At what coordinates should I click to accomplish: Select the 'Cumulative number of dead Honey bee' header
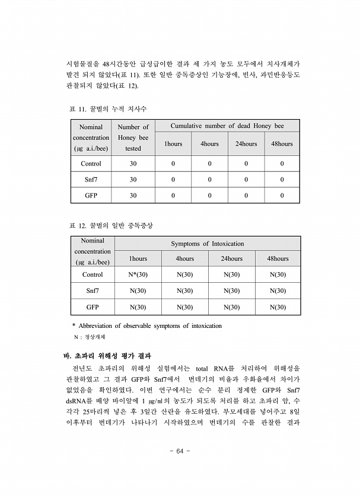click(x=227, y=126)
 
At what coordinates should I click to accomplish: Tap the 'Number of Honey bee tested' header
click(x=133, y=138)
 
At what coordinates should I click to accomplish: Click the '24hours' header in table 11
click(x=246, y=144)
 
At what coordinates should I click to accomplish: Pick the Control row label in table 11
click(x=91, y=164)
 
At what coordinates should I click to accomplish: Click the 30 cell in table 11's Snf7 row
click(x=133, y=179)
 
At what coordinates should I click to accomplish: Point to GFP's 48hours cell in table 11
click(x=282, y=195)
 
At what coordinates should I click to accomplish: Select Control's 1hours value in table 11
click(x=173, y=164)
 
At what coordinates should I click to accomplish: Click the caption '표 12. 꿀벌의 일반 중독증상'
click(x=111, y=226)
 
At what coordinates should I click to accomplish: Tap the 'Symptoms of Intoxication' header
click(x=207, y=244)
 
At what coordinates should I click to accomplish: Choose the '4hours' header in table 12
click(x=184, y=258)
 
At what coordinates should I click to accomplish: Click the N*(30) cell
click(x=138, y=274)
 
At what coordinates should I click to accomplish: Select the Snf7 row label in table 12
click(x=93, y=291)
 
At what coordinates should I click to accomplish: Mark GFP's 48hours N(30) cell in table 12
click(x=278, y=307)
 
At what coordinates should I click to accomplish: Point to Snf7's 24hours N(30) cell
click(x=231, y=291)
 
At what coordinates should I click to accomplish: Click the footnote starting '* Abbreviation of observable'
click(x=146, y=325)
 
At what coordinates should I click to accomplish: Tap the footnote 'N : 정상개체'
click(x=89, y=337)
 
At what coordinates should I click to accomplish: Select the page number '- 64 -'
click(x=180, y=451)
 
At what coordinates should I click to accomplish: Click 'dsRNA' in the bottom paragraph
click(x=77, y=401)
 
